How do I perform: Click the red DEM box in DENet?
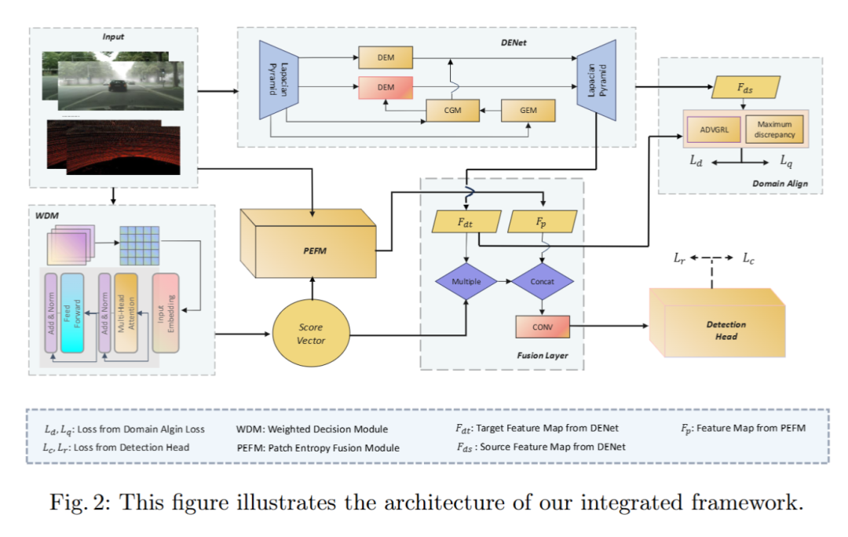(x=386, y=88)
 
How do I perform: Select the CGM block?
(x=453, y=111)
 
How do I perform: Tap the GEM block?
(x=528, y=111)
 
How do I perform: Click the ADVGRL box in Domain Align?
(x=714, y=130)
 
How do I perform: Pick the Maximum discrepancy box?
(x=774, y=130)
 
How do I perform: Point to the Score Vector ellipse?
(x=311, y=334)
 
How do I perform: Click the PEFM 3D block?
(x=309, y=243)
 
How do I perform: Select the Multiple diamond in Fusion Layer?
(x=466, y=281)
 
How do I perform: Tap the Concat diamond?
(x=542, y=281)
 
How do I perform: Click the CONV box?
(x=543, y=327)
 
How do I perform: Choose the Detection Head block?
(x=718, y=323)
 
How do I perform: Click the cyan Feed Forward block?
(x=72, y=313)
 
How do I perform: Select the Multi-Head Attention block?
(x=126, y=313)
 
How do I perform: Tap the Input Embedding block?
(x=166, y=313)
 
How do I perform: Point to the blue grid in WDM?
(x=140, y=246)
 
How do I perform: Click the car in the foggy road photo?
(x=119, y=86)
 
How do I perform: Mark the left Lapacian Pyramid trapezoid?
(x=279, y=79)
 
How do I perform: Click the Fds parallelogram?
(x=746, y=88)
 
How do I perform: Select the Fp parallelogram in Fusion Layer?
(x=542, y=221)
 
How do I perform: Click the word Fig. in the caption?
(x=68, y=503)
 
